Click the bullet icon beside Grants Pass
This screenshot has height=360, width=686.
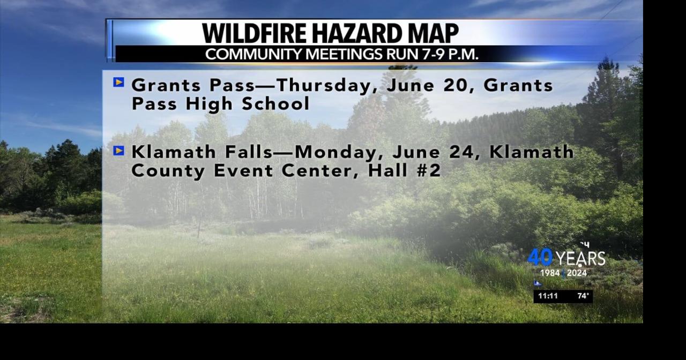[119, 82]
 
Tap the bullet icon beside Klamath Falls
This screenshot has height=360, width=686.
[119, 151]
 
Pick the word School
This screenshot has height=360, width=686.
[275, 104]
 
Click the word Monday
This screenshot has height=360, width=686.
[340, 152]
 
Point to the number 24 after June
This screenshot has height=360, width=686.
[465, 152]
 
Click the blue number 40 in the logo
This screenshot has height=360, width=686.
[540, 258]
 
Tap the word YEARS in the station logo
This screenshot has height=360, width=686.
[580, 259]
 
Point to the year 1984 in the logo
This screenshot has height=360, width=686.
[550, 273]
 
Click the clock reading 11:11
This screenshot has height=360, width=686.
[548, 296]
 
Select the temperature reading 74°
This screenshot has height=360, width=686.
[583, 296]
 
